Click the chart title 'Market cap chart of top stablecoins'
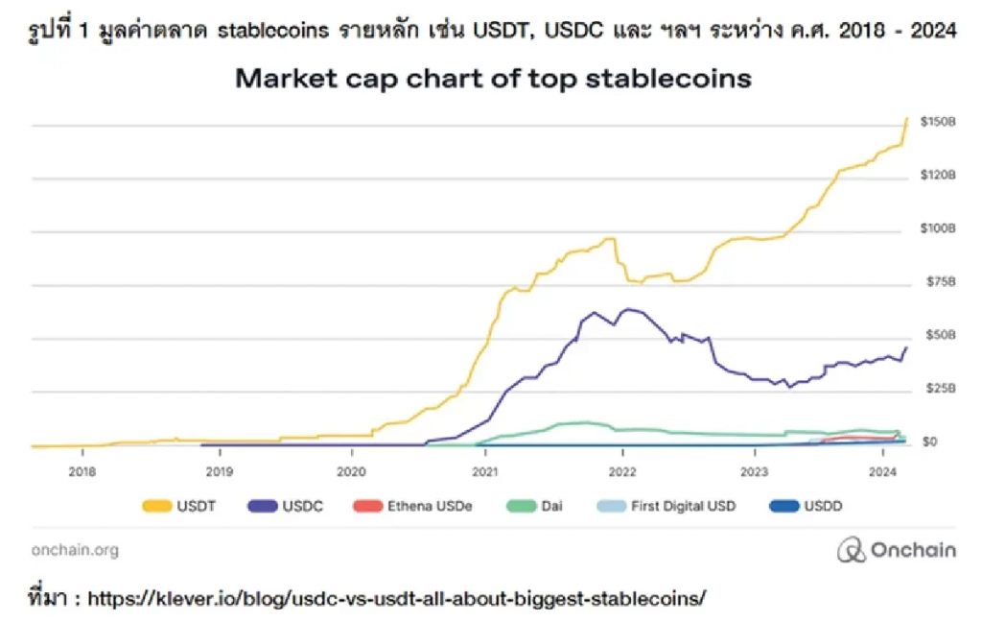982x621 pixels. pyautogui.click(x=493, y=79)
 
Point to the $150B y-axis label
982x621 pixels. pyautogui.click(x=937, y=122)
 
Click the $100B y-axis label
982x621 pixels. pyautogui.click(x=937, y=228)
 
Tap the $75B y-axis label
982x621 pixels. pyautogui.click(x=937, y=282)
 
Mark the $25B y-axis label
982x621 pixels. pyautogui.click(x=937, y=389)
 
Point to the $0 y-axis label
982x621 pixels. pyautogui.click(x=931, y=442)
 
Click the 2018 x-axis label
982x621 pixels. pyautogui.click(x=82, y=472)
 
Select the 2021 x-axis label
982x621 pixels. pyautogui.click(x=485, y=472)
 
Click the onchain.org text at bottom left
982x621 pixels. pyautogui.click(x=75, y=550)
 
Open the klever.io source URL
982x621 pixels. pyautogui.click(x=396, y=599)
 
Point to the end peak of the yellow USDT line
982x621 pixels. pyautogui.click(x=907, y=118)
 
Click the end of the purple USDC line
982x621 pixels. pyautogui.click(x=906, y=347)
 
